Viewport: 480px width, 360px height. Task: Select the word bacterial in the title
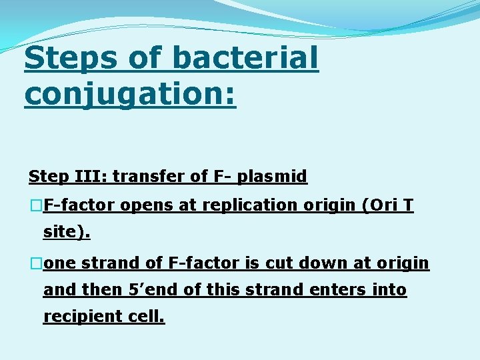point(245,59)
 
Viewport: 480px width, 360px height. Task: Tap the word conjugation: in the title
point(130,93)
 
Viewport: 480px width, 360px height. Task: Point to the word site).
point(67,233)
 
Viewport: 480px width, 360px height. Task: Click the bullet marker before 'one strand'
point(36,263)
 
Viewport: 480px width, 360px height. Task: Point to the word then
point(99,290)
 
